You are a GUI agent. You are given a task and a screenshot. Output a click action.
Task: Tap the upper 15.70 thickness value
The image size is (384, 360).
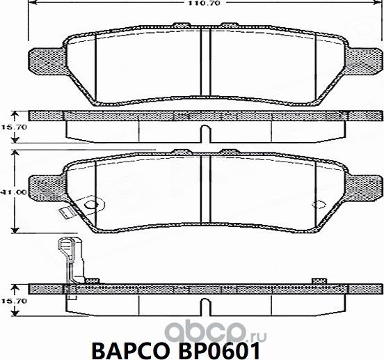(10, 126)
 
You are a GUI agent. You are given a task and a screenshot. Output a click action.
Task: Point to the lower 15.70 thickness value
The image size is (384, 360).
(10, 301)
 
